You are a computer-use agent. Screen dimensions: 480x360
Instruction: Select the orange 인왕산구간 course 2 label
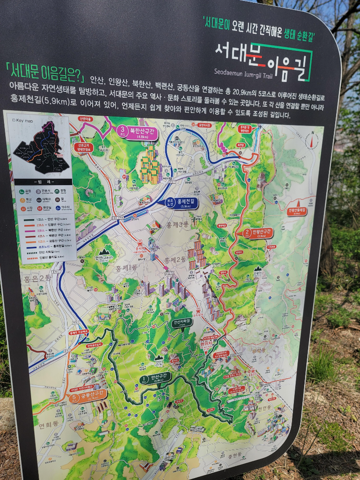tap(259, 233)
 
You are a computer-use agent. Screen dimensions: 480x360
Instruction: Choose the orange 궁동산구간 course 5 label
tap(89, 396)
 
